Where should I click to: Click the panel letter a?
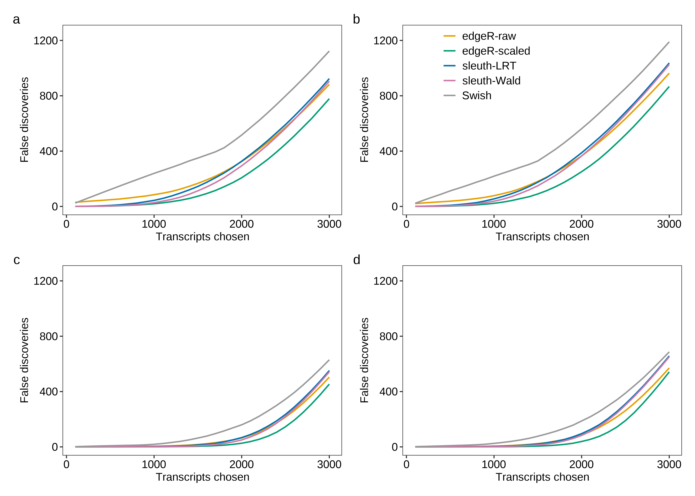tap(17, 20)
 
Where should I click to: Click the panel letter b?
tap(356, 20)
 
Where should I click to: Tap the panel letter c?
tap(17, 260)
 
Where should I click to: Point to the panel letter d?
tap(356, 260)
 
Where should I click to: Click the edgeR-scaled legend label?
tap(496, 51)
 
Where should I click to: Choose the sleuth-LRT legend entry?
tap(489, 66)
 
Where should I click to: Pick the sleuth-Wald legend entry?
tap(491, 81)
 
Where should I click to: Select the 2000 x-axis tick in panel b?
tap(581, 224)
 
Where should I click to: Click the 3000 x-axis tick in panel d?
tap(669, 465)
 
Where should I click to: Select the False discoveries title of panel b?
tap(364, 120)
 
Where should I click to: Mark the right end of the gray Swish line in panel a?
tap(329, 52)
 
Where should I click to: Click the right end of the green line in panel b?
tap(669, 87)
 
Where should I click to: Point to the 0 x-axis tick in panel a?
tap(66, 224)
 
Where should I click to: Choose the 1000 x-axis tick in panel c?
tap(154, 465)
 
